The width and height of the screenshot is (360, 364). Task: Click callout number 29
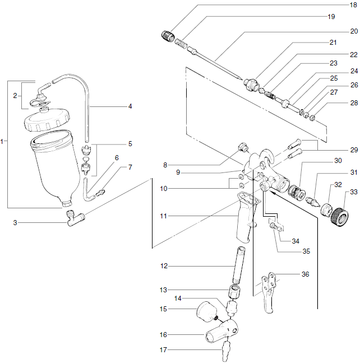point(353,150)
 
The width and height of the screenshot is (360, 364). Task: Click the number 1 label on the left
point(4,142)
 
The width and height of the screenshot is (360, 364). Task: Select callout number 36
point(304,274)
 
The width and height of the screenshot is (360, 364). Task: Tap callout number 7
point(130,167)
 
